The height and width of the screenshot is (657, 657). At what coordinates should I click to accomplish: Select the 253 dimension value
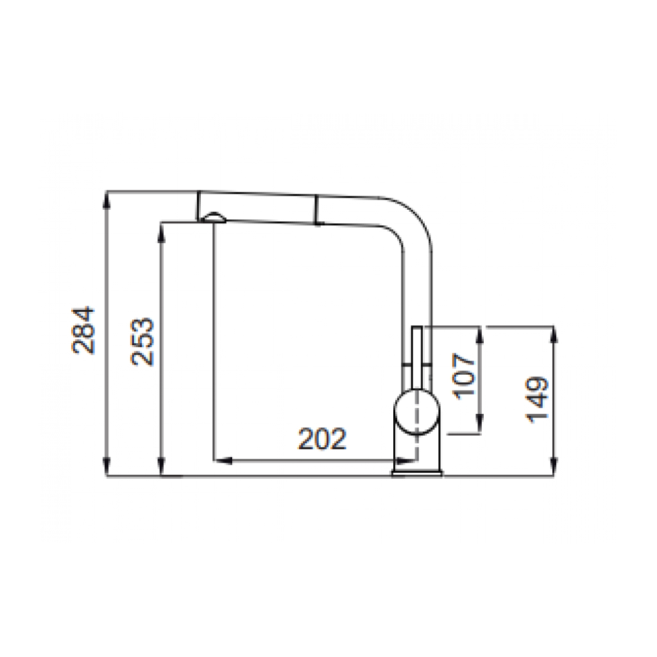pyautogui.click(x=142, y=342)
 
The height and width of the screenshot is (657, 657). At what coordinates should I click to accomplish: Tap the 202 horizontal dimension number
pyautogui.click(x=322, y=439)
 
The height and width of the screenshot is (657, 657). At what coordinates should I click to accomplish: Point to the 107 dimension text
pyautogui.click(x=465, y=377)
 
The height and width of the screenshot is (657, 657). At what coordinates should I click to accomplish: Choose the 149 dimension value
pyautogui.click(x=537, y=400)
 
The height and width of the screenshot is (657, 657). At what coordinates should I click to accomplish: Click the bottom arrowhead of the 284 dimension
pyautogui.click(x=107, y=468)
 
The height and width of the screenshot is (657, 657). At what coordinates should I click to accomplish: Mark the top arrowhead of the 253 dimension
pyautogui.click(x=162, y=232)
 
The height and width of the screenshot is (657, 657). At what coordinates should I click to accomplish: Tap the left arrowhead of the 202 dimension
pyautogui.click(x=223, y=461)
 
